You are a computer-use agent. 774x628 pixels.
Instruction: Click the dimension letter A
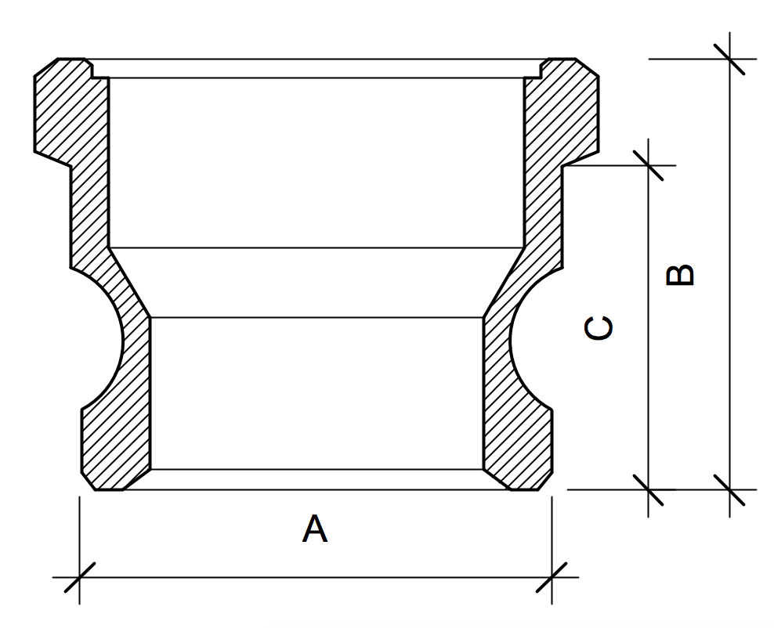pos(315,529)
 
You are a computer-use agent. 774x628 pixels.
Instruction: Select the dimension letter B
pos(679,274)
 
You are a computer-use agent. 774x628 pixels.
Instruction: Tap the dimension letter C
pos(599,328)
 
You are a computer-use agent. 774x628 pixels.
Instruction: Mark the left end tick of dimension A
pos(80,579)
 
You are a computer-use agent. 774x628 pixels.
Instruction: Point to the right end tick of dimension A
pos(552,579)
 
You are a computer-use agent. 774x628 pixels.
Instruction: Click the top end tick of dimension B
pos(729,59)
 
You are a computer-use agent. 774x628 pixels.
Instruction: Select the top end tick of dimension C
pos(649,165)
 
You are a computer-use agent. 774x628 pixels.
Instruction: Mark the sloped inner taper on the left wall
pos(129,283)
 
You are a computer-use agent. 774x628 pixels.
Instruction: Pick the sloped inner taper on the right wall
pos(503,283)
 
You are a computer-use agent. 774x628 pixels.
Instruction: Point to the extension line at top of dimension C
pos(607,165)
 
